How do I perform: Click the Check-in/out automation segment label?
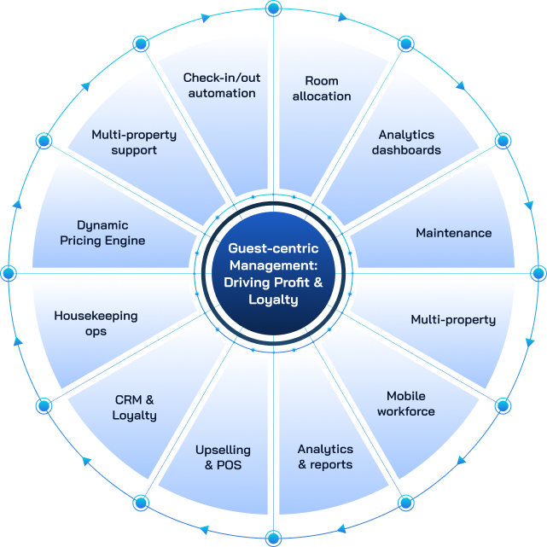point(221,85)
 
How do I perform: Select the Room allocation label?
point(322,88)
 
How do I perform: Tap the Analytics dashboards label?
point(406,143)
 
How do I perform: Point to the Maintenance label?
point(453,233)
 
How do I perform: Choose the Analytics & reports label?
point(324,457)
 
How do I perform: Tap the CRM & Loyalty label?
point(135,407)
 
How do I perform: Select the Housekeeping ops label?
point(96,323)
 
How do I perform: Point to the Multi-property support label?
point(134,143)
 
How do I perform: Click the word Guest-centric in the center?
point(273,248)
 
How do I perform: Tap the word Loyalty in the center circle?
point(273,300)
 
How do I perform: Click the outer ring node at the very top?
point(273,9)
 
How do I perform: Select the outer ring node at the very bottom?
point(273,538)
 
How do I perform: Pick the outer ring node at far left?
point(9,273)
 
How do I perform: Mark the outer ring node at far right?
point(538,273)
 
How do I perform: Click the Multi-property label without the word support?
point(452,320)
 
